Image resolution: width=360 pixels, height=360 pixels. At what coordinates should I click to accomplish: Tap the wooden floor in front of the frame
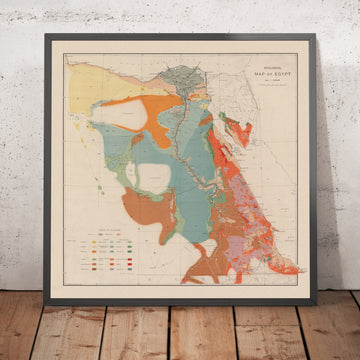click(x=180, y=335)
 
